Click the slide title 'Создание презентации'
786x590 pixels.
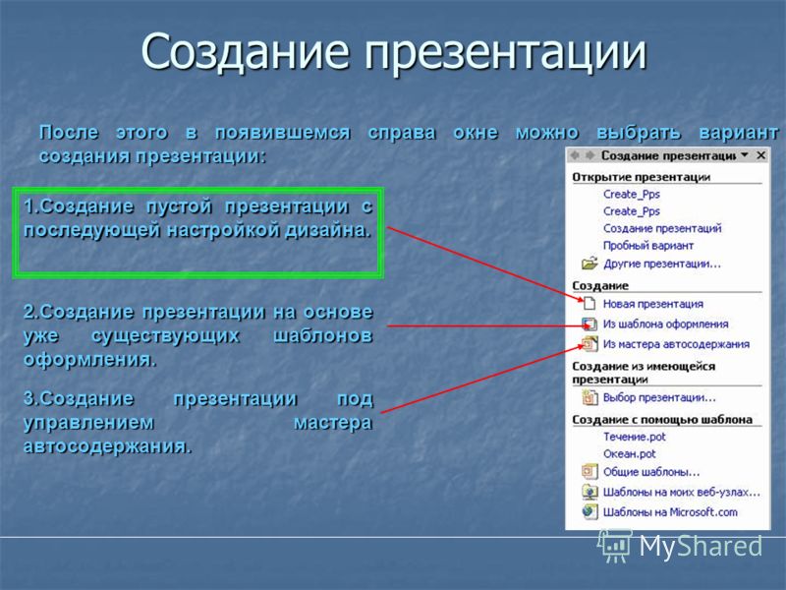(394, 51)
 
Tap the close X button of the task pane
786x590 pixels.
(760, 155)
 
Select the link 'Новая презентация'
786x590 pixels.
(652, 304)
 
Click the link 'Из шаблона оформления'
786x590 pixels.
(665, 324)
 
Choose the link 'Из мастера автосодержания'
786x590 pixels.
(676, 344)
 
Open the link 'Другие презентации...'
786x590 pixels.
(661, 264)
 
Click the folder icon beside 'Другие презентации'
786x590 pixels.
(589, 264)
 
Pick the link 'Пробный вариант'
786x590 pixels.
(648, 246)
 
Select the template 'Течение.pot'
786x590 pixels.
(634, 437)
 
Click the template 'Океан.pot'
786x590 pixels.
(629, 454)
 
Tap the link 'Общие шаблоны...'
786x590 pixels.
(651, 472)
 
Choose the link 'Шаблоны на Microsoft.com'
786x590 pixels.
(670, 512)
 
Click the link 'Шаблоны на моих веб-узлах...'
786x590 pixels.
(681, 493)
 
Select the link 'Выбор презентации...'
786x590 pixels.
(659, 398)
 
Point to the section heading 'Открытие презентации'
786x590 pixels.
(642, 177)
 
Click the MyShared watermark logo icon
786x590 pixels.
(614, 546)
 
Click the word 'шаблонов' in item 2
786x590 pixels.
(323, 335)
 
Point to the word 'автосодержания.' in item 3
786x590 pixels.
(108, 446)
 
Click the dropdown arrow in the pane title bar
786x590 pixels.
(745, 155)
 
